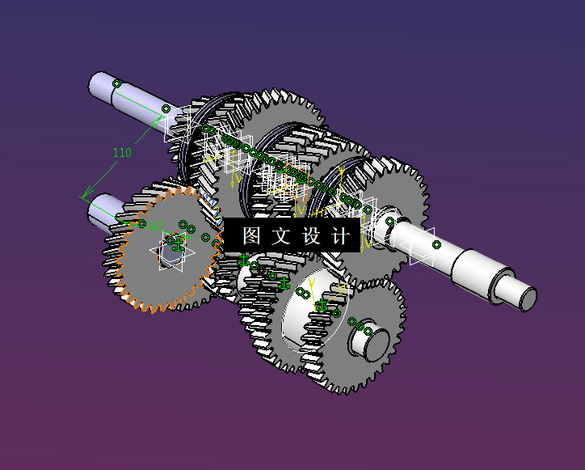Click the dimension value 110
coord(121,153)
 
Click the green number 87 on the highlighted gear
coord(157,226)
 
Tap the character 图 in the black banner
coord(251,235)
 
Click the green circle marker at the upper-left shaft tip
coord(116,83)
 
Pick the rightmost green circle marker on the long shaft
coord(436,244)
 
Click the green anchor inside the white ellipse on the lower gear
coord(322,306)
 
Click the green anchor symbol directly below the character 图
coord(244,260)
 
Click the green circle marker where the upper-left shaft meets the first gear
coord(166,108)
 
